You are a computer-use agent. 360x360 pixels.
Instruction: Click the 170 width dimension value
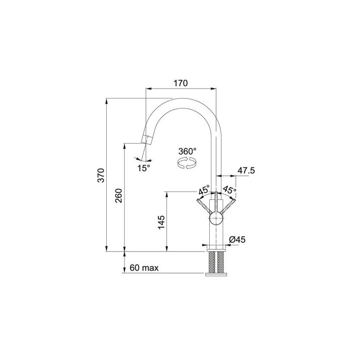(180, 83)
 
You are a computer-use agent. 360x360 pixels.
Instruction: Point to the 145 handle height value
(162, 223)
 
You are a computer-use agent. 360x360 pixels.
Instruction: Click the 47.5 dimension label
(246, 171)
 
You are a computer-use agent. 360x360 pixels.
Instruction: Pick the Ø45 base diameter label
(237, 239)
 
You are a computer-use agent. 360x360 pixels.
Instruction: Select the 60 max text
(144, 268)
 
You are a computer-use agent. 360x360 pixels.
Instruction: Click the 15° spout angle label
(144, 167)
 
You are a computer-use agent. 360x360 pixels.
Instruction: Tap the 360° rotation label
(188, 151)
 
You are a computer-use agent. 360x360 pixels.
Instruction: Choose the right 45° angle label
(229, 189)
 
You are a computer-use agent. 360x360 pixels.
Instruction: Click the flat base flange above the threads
(216, 248)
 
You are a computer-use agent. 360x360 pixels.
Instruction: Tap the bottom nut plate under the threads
(216, 273)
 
